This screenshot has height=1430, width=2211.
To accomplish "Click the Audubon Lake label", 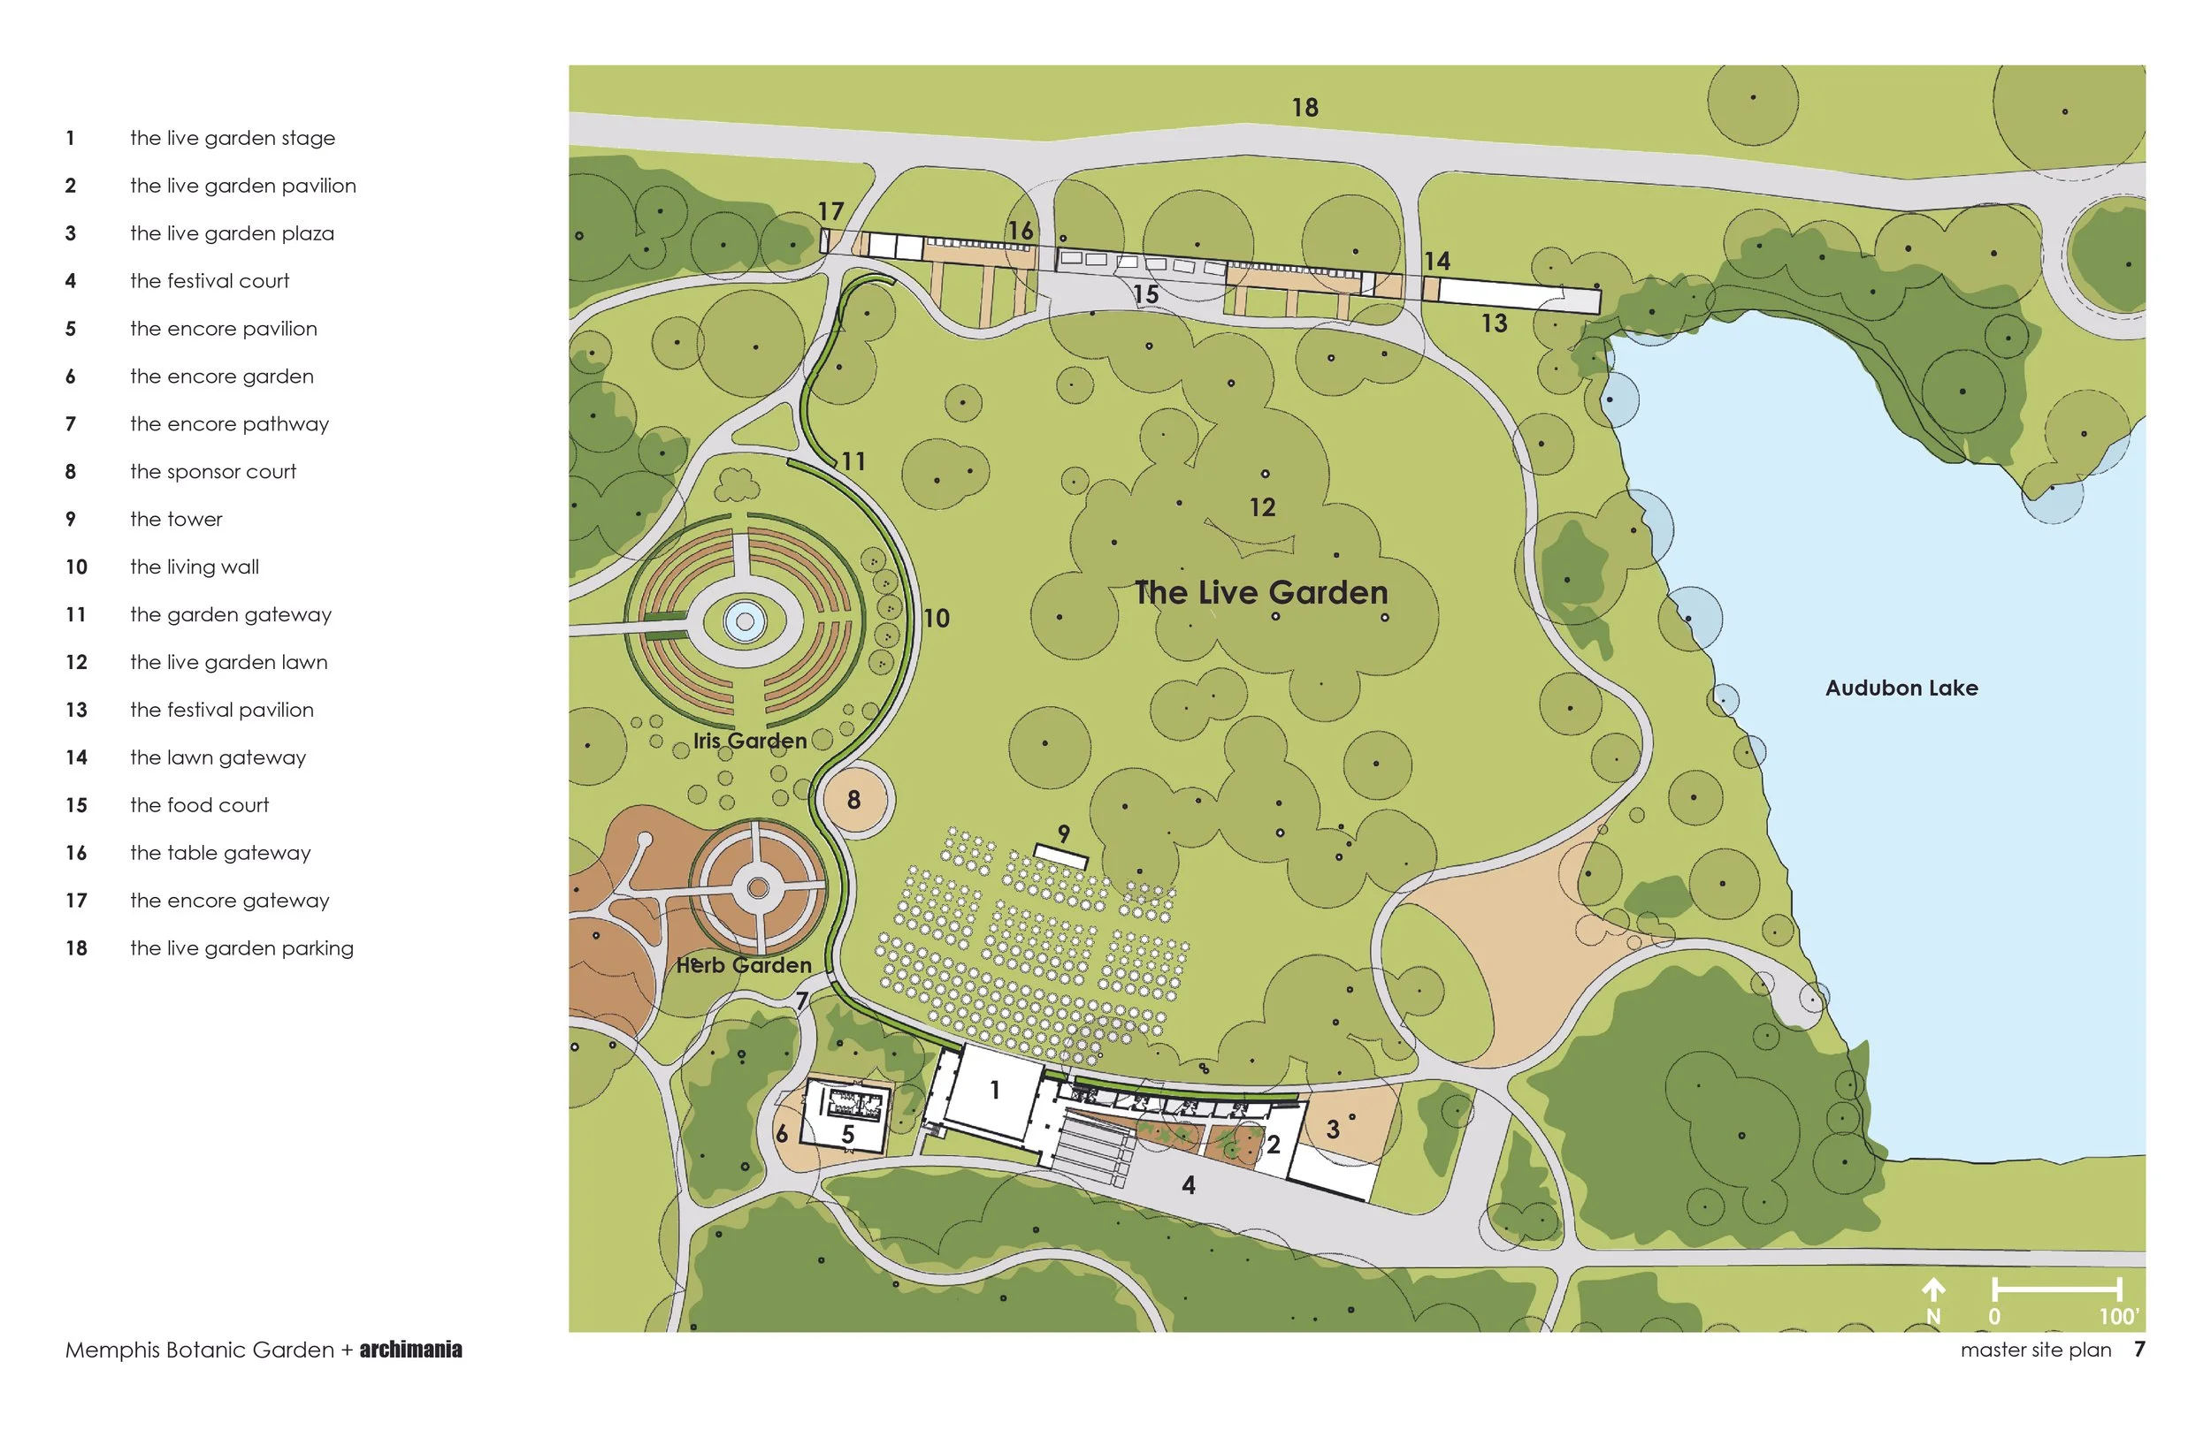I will (x=1901, y=688).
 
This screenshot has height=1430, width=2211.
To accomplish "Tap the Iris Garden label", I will (x=749, y=741).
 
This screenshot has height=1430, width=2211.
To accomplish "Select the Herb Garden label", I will (x=743, y=966).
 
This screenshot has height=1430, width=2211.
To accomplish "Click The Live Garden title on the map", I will (x=1260, y=592).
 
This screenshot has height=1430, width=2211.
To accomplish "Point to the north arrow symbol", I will (x=1933, y=1290).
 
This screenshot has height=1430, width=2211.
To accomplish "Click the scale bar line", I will (x=2057, y=1288).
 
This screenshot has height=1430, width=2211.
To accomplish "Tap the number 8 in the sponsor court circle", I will (x=853, y=800).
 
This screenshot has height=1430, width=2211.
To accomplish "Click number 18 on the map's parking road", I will (x=1304, y=108).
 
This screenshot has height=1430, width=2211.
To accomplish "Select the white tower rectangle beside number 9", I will (x=1060, y=856).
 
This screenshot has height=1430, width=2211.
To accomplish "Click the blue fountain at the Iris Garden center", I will (x=744, y=621).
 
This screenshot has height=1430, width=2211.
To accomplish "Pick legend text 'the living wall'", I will (x=195, y=567).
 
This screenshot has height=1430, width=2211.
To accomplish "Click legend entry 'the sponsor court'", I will (x=213, y=472).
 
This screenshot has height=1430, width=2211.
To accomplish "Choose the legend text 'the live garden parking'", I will (x=241, y=948).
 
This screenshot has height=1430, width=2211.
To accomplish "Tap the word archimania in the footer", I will (x=410, y=1350).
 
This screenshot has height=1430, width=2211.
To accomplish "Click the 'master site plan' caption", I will (x=2035, y=1350).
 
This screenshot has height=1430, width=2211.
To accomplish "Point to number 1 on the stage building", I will (x=994, y=1089).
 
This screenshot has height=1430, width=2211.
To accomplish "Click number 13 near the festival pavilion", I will (x=1494, y=323).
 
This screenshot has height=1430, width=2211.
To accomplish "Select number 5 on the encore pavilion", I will (x=847, y=1134).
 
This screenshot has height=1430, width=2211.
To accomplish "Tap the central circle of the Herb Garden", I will (x=758, y=888).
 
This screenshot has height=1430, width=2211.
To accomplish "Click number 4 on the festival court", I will (x=1188, y=1185).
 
